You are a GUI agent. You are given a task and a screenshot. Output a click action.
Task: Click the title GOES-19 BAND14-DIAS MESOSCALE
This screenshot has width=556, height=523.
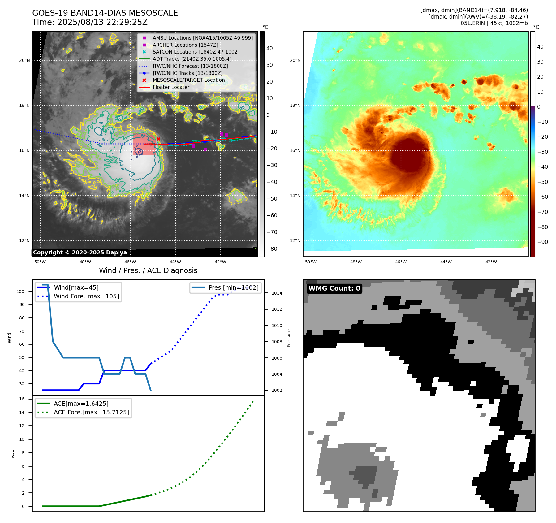coord(105,13)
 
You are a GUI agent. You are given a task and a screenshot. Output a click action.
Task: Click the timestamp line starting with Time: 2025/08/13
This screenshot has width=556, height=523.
coord(90,22)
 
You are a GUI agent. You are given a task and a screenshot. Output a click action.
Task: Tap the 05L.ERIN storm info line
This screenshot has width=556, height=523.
coord(494,23)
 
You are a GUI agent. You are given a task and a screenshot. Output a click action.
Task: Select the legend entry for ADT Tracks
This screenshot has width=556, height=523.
coord(192,59)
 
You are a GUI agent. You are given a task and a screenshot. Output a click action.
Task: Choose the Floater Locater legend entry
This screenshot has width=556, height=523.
coord(171,87)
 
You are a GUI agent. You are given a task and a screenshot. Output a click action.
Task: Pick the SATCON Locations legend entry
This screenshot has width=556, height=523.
coord(196,52)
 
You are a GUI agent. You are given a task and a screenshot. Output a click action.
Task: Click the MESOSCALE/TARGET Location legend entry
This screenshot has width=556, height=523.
coord(188,80)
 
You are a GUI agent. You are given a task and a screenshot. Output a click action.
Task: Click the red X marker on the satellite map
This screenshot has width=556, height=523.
coord(158,139)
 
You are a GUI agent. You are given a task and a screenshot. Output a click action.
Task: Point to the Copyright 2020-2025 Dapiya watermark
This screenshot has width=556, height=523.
coord(80,253)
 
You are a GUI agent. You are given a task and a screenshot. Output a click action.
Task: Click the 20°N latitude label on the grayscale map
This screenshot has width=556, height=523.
coord(24,60)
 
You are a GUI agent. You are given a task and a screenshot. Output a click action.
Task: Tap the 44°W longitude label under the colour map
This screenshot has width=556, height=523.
coord(446,262)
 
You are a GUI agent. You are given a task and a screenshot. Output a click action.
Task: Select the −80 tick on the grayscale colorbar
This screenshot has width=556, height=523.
coord(272,249)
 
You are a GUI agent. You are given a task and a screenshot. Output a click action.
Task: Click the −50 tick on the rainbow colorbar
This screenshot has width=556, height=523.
coord(542,182)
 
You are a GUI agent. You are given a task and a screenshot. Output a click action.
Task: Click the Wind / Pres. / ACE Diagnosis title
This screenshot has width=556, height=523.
coord(148,270)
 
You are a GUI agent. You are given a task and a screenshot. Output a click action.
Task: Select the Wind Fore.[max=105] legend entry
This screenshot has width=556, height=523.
coord(86,296)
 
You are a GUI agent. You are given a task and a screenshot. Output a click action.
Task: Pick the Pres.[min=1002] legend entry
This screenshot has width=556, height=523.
coord(233,287)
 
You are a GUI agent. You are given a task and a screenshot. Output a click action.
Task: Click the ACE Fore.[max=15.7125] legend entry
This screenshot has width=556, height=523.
coord(91,412)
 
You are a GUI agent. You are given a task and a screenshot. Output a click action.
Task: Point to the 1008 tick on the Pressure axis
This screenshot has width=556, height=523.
coord(277,342)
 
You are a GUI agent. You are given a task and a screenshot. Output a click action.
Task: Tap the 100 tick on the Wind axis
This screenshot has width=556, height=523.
coord(20,292)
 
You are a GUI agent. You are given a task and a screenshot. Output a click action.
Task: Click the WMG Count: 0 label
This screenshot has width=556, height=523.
coord(334,288)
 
